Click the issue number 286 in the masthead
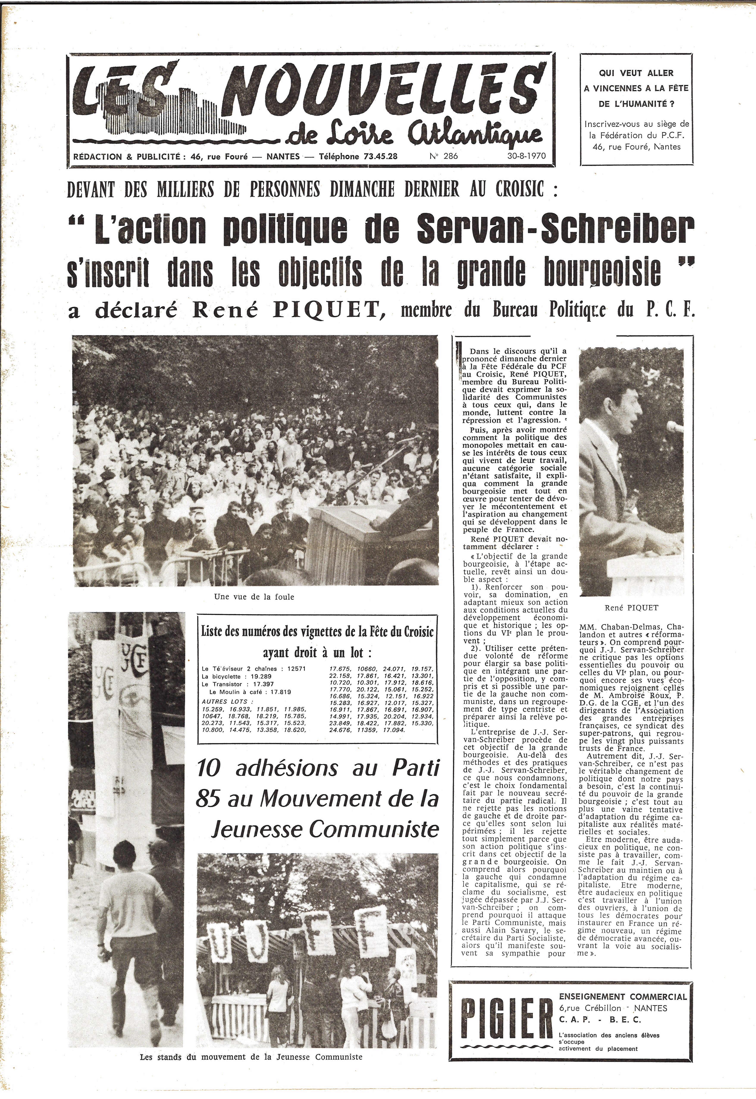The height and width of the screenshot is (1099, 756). tap(450, 156)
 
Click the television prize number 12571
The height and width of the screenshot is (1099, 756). tap(294, 669)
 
